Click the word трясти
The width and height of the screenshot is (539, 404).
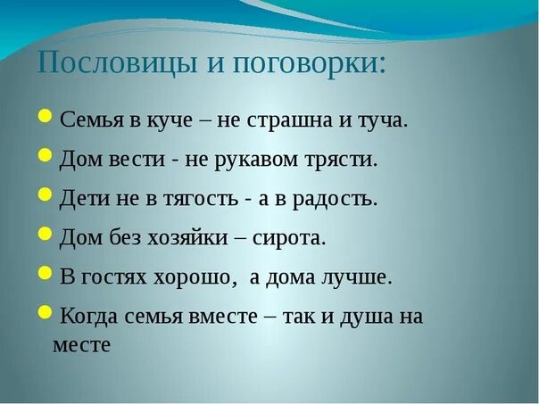(x=344, y=161)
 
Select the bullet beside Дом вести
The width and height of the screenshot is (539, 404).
(x=46, y=155)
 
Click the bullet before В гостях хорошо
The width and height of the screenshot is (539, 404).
(x=46, y=272)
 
